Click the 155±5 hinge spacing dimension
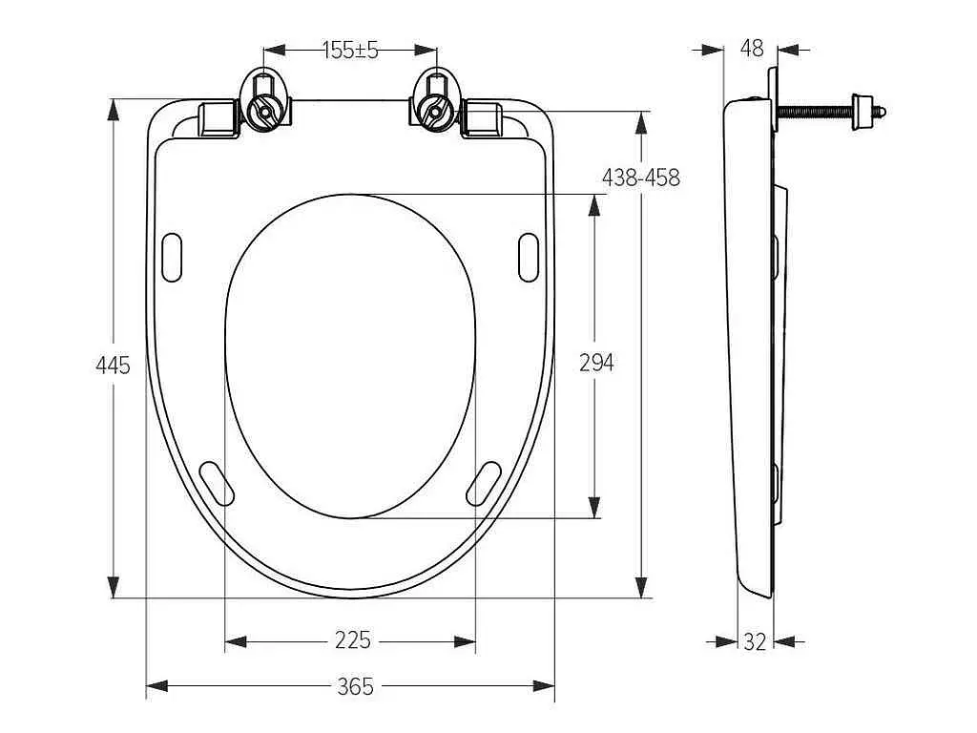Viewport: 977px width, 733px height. tap(351, 50)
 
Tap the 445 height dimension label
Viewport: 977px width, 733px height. tap(113, 365)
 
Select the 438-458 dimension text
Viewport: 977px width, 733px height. tap(640, 178)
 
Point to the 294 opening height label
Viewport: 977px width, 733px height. tap(596, 362)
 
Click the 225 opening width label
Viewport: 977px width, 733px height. tap(353, 639)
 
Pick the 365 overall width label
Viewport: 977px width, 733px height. tap(355, 686)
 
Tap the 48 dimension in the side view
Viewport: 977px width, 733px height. tap(752, 48)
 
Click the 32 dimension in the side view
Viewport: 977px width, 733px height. tap(755, 641)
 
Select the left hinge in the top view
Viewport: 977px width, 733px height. tap(265, 101)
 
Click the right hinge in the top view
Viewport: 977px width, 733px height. tap(435, 101)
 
